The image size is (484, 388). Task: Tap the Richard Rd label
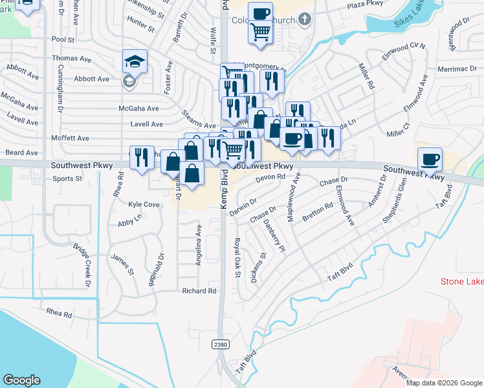click(199, 291)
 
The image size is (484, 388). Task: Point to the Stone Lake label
click(462, 281)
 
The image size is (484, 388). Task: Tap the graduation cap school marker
click(135, 62)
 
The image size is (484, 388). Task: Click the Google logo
click(21, 380)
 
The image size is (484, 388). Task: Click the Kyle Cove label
click(144, 204)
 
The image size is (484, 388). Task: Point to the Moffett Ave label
click(74, 138)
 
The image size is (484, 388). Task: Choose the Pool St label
click(63, 39)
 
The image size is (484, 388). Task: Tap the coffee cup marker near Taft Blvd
click(430, 158)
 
